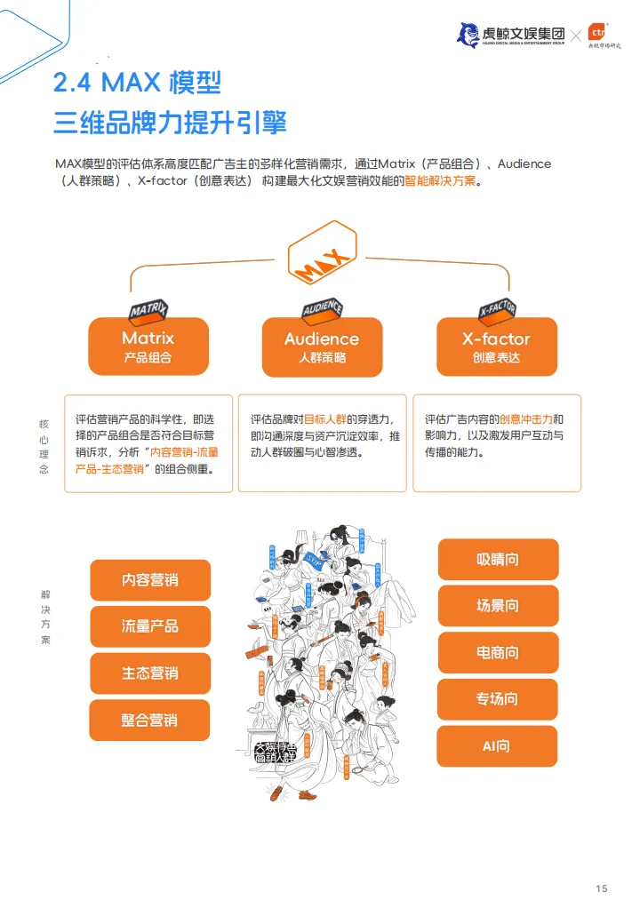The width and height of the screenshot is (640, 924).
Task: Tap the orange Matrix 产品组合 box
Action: click(148, 346)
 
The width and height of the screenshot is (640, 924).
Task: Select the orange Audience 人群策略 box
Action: click(322, 346)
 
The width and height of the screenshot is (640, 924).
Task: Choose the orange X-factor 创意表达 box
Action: click(496, 346)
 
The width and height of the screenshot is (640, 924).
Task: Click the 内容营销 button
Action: click(150, 580)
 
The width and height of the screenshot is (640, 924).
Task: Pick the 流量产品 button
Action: click(150, 626)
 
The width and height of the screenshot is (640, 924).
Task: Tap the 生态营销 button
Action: click(150, 673)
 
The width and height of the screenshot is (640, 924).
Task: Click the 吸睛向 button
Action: click(498, 559)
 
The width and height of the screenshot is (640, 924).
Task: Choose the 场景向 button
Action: click(498, 606)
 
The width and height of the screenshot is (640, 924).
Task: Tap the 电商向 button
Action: click(498, 653)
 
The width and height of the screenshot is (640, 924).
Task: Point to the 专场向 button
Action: click(498, 699)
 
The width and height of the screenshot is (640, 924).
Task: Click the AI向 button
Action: click(497, 746)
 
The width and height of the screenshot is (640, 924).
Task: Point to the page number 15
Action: click(602, 889)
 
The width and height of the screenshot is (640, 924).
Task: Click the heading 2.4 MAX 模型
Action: click(137, 83)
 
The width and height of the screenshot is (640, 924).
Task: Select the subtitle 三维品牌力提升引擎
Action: click(170, 122)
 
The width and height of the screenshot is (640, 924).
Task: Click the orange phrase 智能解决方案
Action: click(442, 181)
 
